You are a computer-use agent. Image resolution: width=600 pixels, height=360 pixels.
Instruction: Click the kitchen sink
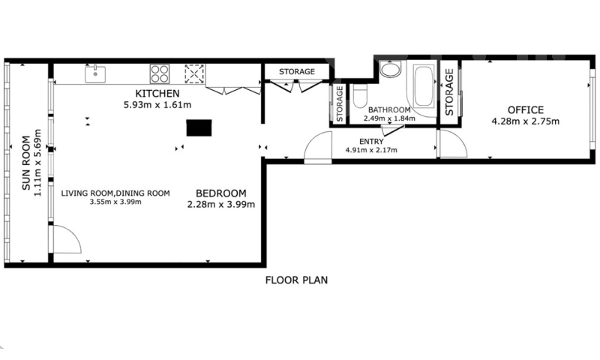(95, 74)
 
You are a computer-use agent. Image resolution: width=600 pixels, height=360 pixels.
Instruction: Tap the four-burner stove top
(160, 73)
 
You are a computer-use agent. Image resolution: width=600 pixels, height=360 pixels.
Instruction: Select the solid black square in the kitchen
(199, 127)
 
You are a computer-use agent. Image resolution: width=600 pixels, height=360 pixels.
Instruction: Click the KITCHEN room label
(157, 93)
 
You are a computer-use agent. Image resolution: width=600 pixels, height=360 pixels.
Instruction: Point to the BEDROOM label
(221, 193)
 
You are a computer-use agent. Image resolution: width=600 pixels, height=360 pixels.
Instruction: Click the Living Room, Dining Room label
(115, 193)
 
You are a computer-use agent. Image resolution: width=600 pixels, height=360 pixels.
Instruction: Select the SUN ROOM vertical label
(26, 163)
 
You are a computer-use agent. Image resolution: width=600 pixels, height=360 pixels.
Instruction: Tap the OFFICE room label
(526, 110)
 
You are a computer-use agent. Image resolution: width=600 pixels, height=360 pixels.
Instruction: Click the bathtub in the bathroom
(424, 85)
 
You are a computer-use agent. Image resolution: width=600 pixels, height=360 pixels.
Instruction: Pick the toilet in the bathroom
(360, 97)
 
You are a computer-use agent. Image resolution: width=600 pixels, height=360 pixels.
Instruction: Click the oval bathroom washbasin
(390, 70)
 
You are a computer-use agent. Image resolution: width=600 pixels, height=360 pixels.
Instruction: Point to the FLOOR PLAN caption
(296, 280)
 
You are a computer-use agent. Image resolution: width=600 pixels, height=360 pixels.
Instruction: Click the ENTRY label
(371, 142)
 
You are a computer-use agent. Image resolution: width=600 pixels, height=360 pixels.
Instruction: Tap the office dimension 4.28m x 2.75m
(526, 121)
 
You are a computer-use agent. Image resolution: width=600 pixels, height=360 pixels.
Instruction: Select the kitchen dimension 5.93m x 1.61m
(157, 104)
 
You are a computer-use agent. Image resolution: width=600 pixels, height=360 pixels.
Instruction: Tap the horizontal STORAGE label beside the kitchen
(297, 71)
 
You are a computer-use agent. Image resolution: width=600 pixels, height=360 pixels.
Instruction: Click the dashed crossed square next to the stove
(194, 73)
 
